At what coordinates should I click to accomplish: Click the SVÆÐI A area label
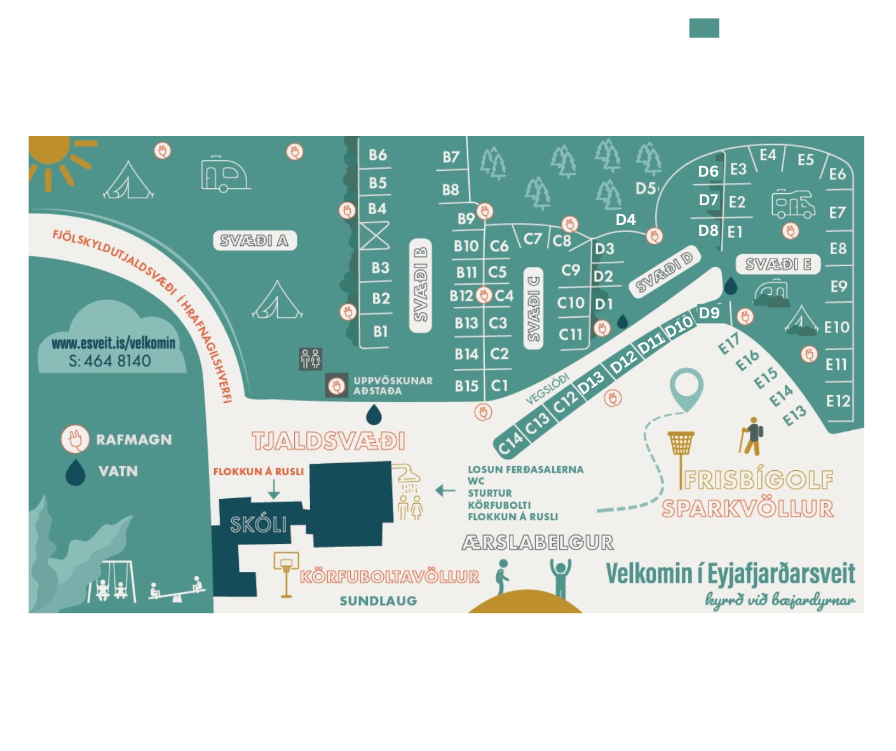[254, 241]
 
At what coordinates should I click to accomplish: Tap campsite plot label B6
[377, 155]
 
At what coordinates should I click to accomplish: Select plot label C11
[570, 334]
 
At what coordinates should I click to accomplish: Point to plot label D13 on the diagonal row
[591, 382]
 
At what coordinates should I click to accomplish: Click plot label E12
[838, 402]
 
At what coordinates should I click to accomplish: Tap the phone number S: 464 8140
[110, 361]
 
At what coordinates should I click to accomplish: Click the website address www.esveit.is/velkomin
[113, 344]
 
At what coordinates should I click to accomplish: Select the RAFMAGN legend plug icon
[74, 439]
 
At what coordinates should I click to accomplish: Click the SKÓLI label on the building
[258, 525]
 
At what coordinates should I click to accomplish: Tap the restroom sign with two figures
[311, 359]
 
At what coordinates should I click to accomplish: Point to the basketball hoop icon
[285, 572]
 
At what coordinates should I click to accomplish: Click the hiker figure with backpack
[752, 437]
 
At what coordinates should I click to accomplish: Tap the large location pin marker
[686, 388]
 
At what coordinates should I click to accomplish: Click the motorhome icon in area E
[792, 203]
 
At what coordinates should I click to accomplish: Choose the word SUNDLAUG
[378, 601]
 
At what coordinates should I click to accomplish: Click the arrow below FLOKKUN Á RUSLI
[274, 489]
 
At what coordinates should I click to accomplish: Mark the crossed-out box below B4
[375, 236]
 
